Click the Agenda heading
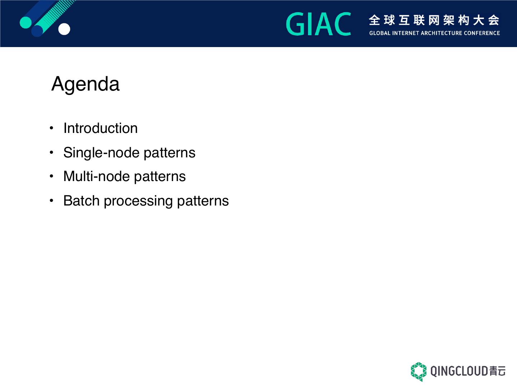85,84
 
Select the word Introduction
101,128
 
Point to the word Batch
81,201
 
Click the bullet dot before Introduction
52,128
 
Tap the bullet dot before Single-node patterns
52,152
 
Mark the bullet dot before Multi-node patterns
52,176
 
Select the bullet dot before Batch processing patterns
52,201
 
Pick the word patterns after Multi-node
160,177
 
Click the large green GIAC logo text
318,24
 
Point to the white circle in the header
64,29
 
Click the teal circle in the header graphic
26,22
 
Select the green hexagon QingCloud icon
419,372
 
